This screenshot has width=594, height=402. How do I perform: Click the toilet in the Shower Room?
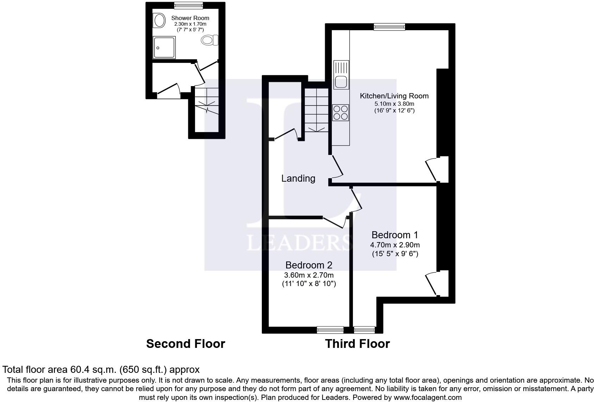pyautogui.click(x=209, y=40)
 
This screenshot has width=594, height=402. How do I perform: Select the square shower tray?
pyautogui.click(x=164, y=47)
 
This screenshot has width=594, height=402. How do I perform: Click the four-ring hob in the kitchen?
pyautogui.click(x=341, y=112)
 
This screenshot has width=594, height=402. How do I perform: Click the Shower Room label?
pyautogui.click(x=190, y=18)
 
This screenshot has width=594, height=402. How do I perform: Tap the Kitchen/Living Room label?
pyautogui.click(x=394, y=96)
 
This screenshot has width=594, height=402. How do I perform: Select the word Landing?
pyautogui.click(x=298, y=179)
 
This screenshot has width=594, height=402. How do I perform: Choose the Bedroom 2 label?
pyautogui.click(x=309, y=265)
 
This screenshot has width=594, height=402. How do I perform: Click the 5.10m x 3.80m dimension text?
pyautogui.click(x=394, y=104)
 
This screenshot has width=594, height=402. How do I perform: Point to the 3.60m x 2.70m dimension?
pyautogui.click(x=309, y=275)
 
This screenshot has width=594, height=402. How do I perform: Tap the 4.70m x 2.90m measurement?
pyautogui.click(x=395, y=245)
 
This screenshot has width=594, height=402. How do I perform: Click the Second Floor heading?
pyautogui.click(x=186, y=344)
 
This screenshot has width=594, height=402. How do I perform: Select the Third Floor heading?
pyautogui.click(x=358, y=344)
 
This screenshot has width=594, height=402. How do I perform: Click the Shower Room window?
pyautogui.click(x=189, y=5)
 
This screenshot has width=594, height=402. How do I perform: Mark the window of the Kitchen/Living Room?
pyautogui.click(x=390, y=27)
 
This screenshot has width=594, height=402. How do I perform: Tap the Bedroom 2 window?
pyautogui.click(x=330, y=330)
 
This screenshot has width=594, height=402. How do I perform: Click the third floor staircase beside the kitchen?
pyautogui.click(x=316, y=110)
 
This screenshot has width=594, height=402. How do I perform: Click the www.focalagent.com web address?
pyautogui.click(x=428, y=397)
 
